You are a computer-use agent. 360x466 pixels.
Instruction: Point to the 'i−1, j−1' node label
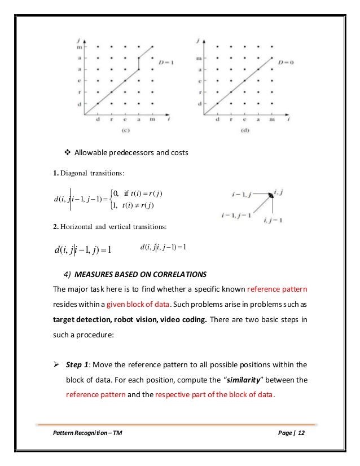click(246, 215)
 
